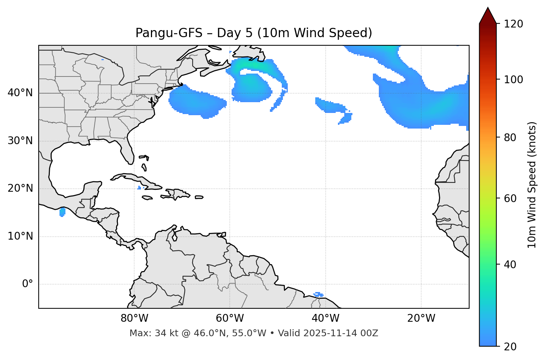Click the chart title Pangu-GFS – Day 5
254,33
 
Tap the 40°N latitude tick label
20,93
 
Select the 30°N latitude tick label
20,141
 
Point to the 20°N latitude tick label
20,188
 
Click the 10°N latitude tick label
20,236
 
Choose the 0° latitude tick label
28,284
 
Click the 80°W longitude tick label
134,318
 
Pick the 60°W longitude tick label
230,318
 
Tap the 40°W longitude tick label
325,318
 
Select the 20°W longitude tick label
421,318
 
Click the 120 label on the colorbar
513,24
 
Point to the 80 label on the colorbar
510,137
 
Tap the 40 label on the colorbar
510,265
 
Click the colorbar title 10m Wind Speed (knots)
532,185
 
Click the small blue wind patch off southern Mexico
62,212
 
